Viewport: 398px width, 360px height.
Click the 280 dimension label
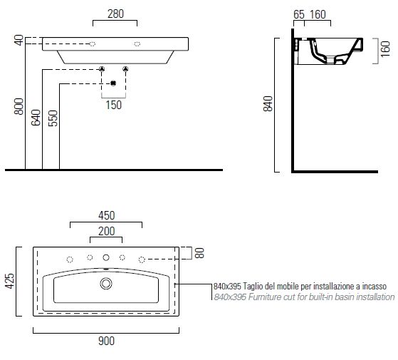[115, 14]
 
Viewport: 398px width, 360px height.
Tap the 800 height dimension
[19, 106]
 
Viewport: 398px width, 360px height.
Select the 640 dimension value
[36, 118]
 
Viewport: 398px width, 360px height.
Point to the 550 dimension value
[53, 118]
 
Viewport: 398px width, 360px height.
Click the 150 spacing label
[113, 105]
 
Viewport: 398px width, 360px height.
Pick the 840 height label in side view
[268, 103]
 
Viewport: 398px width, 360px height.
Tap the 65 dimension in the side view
[299, 14]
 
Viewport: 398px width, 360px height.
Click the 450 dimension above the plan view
[107, 215]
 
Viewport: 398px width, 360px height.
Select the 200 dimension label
[107, 231]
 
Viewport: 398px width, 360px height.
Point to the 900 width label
[106, 341]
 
